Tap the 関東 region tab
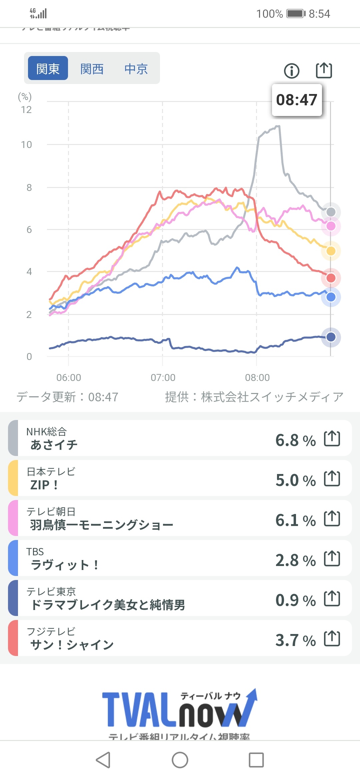[48, 68]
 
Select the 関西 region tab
[92, 69]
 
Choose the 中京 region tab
[136, 69]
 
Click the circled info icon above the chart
[292, 71]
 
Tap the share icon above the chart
[324, 70]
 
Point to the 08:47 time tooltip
[297, 100]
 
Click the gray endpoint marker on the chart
[331, 212]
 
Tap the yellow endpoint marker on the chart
[331, 251]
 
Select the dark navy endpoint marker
[331, 337]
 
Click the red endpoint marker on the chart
[331, 278]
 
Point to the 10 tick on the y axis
[26, 145]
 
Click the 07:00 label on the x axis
[163, 377]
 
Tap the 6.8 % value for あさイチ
[295, 440]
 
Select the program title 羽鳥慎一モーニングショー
[102, 525]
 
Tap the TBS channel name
[35, 552]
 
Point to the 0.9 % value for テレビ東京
[295, 600]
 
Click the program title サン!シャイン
[72, 645]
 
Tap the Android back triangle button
[103, 760]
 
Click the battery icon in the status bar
[296, 14]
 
